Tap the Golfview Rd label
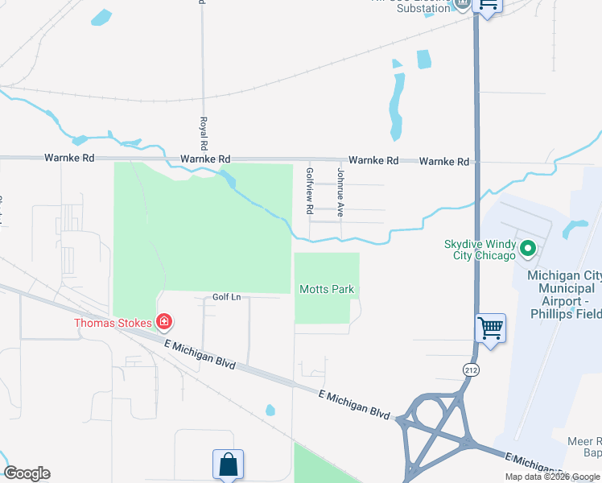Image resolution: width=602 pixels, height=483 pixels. [309, 190]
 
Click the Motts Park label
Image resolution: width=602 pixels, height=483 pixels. [327, 290]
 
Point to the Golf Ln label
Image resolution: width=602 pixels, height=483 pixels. [226, 297]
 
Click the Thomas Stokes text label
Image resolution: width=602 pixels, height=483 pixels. [113, 323]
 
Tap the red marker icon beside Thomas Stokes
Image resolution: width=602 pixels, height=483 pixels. [163, 323]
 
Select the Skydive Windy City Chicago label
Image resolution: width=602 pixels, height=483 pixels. [480, 250]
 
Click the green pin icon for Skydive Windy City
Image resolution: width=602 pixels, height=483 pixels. [528, 249]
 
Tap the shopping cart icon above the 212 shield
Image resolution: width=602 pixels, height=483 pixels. [490, 328]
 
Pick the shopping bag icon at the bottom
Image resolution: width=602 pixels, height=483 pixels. [228, 464]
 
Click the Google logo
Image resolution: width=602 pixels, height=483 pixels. [27, 473]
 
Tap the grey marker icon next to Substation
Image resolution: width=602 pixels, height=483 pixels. [462, 4]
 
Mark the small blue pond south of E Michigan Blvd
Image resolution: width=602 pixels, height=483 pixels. [270, 411]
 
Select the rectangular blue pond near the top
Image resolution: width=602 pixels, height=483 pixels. [423, 59]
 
